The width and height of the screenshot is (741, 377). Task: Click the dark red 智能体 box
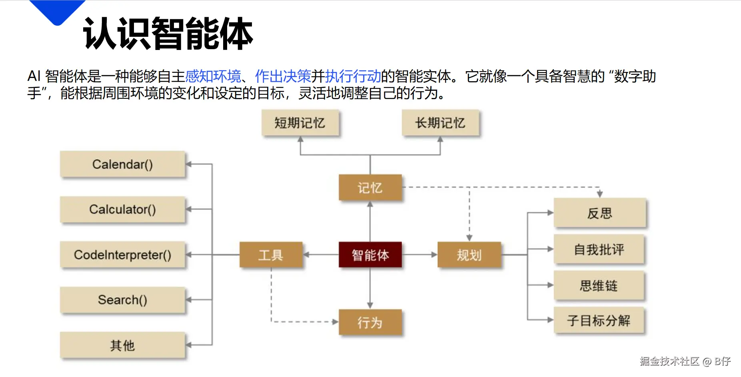click(x=370, y=255)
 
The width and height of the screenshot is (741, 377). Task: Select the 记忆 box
click(x=370, y=188)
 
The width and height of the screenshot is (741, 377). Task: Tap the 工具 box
click(x=271, y=255)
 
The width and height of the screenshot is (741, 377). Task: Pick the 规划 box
click(x=469, y=255)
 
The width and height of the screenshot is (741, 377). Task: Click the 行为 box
click(x=370, y=322)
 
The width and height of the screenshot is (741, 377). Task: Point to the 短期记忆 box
click(x=300, y=123)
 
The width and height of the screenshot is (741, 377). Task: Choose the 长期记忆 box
click(x=440, y=123)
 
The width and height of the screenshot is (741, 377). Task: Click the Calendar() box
click(x=122, y=164)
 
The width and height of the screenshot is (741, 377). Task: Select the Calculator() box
click(x=122, y=209)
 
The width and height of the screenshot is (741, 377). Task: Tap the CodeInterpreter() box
click(x=122, y=255)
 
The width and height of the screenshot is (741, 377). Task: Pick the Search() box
click(x=122, y=300)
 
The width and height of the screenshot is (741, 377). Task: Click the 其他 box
click(x=122, y=345)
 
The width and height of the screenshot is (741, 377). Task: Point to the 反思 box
click(x=599, y=213)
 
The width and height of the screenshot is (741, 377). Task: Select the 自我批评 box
click(x=599, y=249)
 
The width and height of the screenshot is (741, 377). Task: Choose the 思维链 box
click(x=599, y=285)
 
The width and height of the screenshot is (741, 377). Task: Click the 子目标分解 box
click(x=599, y=320)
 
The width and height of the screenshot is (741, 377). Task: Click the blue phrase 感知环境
click(x=213, y=76)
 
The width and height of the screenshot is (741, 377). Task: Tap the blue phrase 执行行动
click(x=353, y=76)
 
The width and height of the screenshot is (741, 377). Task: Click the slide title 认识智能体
click(x=168, y=34)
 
